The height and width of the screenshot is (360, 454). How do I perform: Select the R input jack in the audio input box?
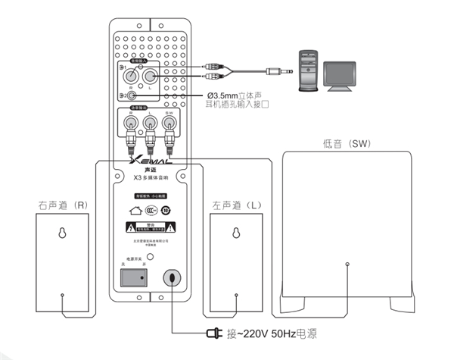(x=134, y=76)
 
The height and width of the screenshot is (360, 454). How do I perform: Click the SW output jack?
(x=169, y=121)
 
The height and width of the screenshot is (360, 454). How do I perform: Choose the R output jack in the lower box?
(x=132, y=121)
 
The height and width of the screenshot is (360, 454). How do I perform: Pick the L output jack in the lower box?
(x=150, y=121)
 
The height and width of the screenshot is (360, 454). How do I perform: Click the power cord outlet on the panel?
(x=173, y=278)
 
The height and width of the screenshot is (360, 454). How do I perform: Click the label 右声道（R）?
(x=63, y=205)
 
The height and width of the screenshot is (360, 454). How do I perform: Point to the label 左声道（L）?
(x=235, y=205)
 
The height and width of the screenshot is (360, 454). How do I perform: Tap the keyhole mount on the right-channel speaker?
(x=62, y=233)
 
